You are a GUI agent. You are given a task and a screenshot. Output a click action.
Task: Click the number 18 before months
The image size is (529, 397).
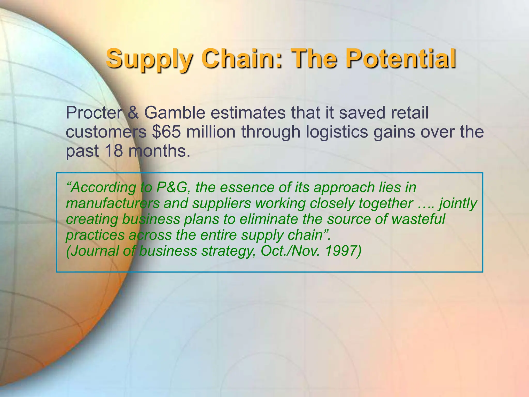pos(114,151)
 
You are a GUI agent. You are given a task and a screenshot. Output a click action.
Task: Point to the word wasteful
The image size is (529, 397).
pos(418,219)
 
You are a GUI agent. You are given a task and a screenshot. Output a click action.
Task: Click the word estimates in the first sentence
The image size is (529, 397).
pos(248,113)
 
